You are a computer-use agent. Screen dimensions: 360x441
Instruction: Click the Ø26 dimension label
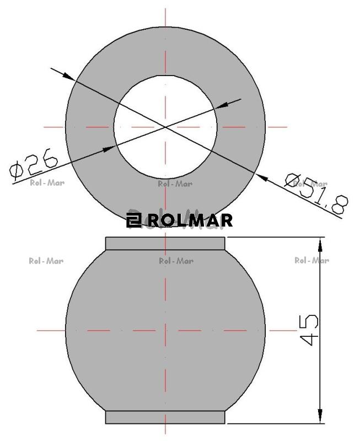point(34,164)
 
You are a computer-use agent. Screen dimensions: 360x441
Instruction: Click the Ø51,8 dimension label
point(316,193)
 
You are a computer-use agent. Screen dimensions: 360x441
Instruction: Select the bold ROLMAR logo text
point(190,220)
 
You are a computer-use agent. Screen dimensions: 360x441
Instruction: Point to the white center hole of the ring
point(165,127)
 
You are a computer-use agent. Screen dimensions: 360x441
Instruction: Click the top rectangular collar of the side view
point(165,244)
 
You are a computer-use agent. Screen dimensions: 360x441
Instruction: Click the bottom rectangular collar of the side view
point(165,417)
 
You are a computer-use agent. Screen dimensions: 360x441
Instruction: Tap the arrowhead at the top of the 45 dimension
point(320,244)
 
